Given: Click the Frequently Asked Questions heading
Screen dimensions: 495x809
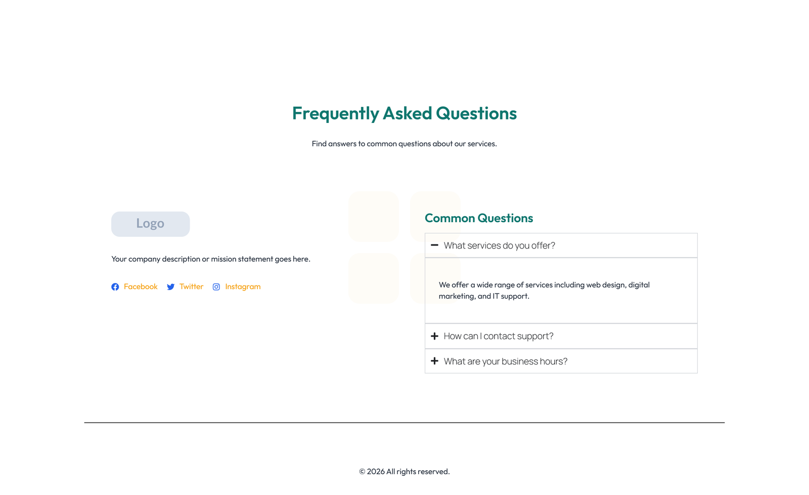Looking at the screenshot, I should coord(404,113).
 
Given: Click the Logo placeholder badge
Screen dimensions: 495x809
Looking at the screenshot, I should coord(150,224).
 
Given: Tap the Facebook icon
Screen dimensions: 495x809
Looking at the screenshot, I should coord(115,287).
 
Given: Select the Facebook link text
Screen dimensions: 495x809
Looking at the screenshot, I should coord(141,286).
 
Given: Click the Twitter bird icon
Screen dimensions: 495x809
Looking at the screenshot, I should coord(171,287).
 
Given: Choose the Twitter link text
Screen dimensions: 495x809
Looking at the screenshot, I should coord(191,286).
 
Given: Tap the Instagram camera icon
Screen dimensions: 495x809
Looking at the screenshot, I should coord(216,287).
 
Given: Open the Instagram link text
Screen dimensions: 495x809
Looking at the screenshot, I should coord(243,286).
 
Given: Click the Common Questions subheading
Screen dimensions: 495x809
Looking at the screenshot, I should coord(478,218).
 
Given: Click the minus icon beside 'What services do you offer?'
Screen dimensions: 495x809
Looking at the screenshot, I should coord(434,245).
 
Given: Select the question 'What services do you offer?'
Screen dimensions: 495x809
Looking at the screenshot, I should coord(499,245).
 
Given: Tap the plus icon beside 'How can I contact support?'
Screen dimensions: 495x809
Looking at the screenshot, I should coord(434,336).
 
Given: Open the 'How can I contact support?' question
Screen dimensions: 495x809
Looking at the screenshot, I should coord(498,336).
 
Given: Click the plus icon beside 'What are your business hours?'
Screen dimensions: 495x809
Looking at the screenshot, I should coord(434,361).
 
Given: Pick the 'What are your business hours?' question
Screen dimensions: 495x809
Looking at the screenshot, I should coord(505,361).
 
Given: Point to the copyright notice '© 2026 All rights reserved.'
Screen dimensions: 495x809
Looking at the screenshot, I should coord(404,472).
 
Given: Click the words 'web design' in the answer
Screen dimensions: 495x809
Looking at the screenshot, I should coord(606,285).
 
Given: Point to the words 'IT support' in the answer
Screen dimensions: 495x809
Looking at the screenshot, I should coord(511,296).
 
